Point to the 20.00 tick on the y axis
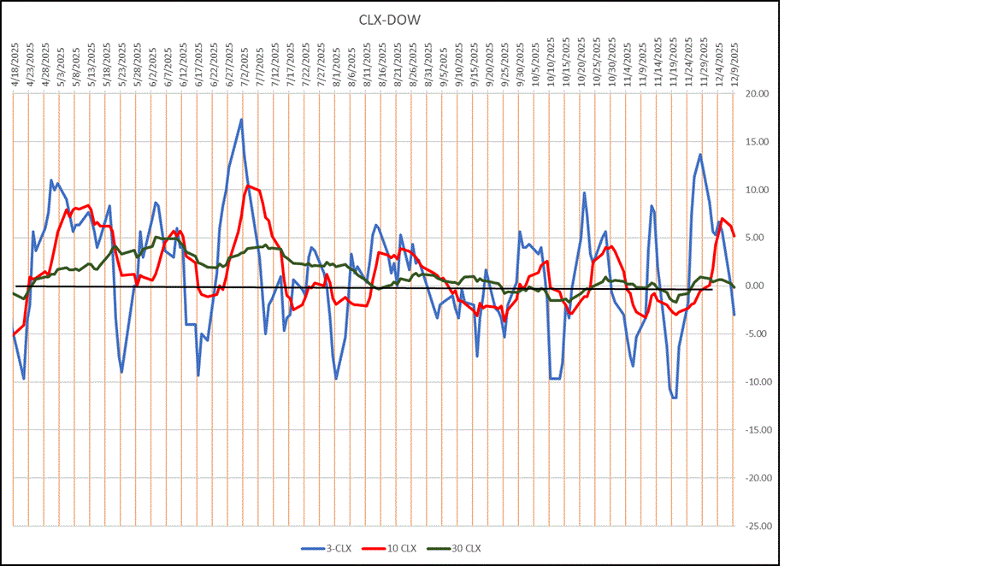click(757, 94)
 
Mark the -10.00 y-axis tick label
click(756, 382)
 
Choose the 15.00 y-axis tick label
click(757, 142)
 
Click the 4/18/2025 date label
click(15, 62)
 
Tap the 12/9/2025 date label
click(734, 62)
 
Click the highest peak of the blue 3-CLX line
click(241, 119)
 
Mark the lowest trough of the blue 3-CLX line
click(675, 398)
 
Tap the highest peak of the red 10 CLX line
click(248, 186)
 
